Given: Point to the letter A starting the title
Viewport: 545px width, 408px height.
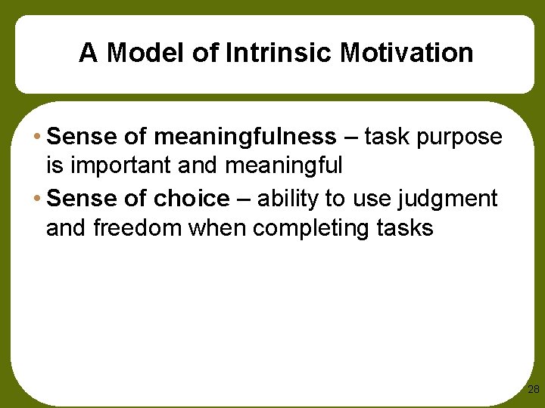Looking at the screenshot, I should coord(88,53).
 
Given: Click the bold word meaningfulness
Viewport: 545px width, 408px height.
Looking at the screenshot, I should coord(245,137).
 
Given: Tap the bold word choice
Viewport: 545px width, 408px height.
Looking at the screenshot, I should coord(192,199).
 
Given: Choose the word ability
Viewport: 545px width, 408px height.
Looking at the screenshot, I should coord(288,199).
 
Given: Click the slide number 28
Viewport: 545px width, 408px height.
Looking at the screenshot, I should coord(533,389).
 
